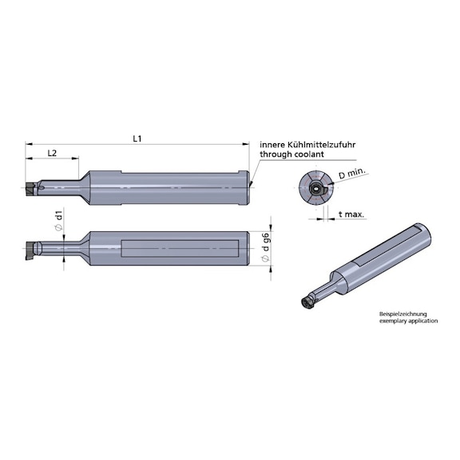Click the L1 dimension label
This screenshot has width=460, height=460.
click(x=137, y=138)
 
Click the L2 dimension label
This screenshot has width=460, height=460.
click(x=51, y=152)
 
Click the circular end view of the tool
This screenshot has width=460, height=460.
click(x=318, y=190)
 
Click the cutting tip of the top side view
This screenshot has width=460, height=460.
click(x=31, y=190)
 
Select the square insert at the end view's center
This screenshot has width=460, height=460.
click(x=317, y=190)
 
